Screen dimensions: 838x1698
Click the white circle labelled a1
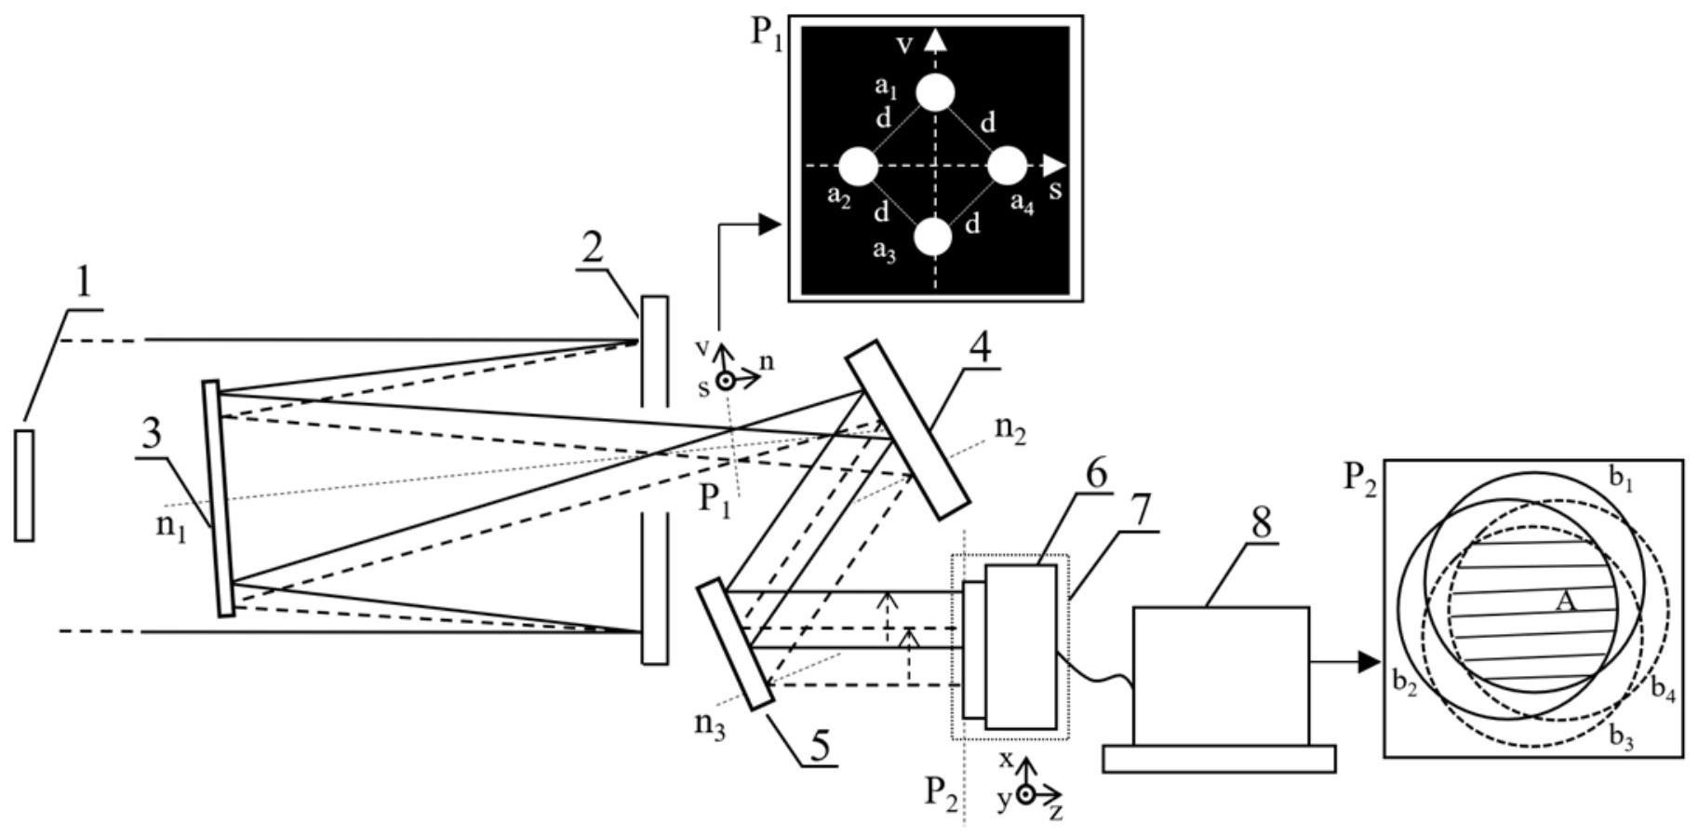pos(935,93)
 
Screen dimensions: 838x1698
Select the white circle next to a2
pos(858,167)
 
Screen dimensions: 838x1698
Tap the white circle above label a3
pos(933,237)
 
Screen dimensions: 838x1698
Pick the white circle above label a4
pos(1006,167)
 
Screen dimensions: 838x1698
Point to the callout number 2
pos(593,247)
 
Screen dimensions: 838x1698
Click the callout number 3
pos(151,433)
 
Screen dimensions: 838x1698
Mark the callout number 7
pos(1141,511)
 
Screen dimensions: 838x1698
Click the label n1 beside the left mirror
pos(170,526)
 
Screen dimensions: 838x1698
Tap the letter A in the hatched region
pos(1565,602)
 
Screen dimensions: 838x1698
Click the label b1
pos(1621,479)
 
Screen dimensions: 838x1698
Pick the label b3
pos(1622,738)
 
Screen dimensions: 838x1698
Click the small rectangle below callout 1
pos(24,485)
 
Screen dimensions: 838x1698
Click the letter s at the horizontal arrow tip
pos(1055,191)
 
